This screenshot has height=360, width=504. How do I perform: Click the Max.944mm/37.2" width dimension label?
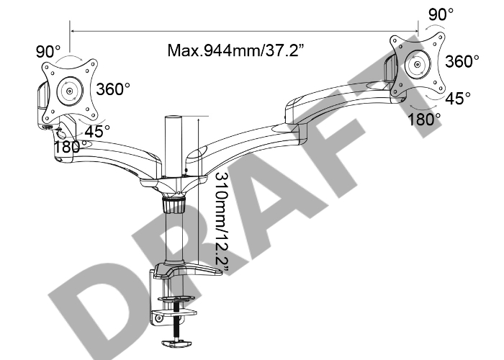(x=235, y=50)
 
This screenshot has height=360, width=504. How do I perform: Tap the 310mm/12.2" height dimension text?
(x=222, y=224)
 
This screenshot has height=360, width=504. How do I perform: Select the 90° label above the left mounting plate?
(x=48, y=51)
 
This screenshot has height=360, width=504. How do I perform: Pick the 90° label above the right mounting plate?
(x=441, y=14)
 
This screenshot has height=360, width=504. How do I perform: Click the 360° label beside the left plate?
(x=114, y=89)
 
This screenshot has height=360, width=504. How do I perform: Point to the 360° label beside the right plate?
(x=462, y=61)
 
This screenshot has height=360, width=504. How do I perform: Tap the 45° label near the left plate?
(x=97, y=131)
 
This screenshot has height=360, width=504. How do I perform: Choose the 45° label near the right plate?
(x=458, y=99)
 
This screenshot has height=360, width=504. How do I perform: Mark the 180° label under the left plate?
(x=70, y=147)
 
